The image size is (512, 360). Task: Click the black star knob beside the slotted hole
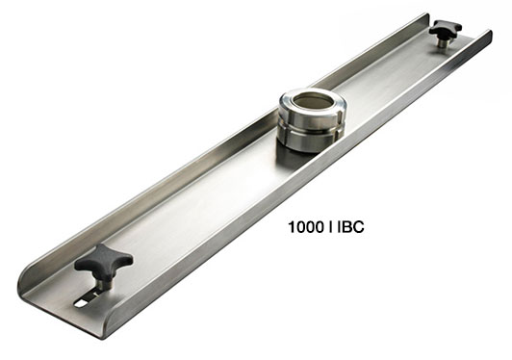tap(104, 263)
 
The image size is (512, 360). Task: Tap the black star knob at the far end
tap(446, 29)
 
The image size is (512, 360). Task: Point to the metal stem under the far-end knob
tap(442, 42)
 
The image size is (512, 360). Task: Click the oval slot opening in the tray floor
tap(81, 303)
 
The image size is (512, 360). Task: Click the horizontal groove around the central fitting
tap(310, 130)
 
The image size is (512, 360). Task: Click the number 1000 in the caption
tap(306, 227)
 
